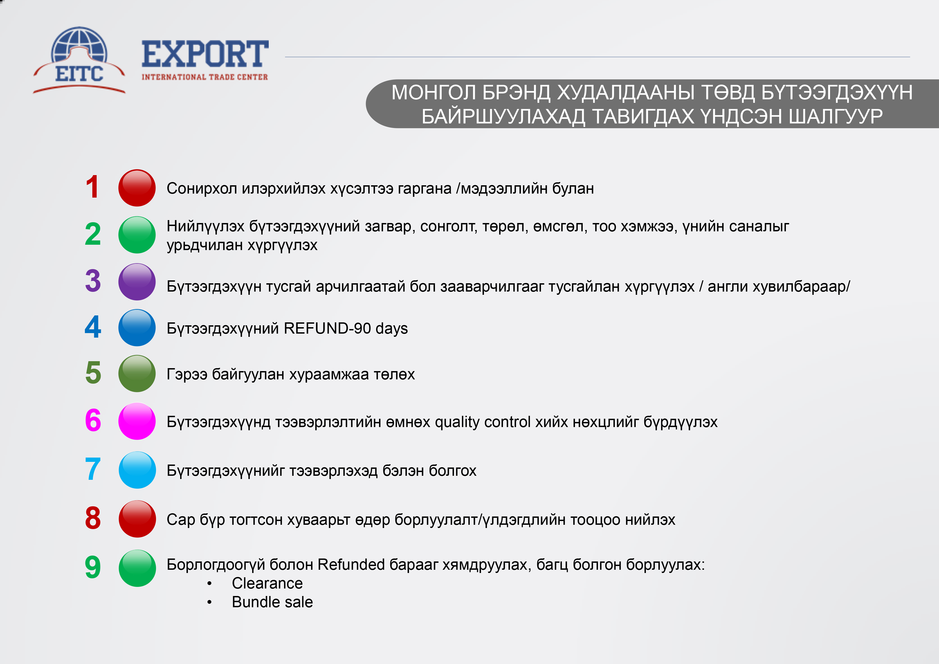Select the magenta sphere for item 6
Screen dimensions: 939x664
[137, 421]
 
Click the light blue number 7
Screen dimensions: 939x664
[93, 469]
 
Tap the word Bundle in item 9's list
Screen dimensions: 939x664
[253, 602]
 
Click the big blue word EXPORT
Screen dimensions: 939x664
[205, 54]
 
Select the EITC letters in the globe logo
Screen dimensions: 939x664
[79, 74]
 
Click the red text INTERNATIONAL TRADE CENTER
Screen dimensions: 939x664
[205, 77]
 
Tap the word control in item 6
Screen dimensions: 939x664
[508, 422]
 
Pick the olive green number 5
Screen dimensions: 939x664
[93, 372]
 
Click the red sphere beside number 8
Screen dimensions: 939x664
[137, 519]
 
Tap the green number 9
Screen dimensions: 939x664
[93, 567]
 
